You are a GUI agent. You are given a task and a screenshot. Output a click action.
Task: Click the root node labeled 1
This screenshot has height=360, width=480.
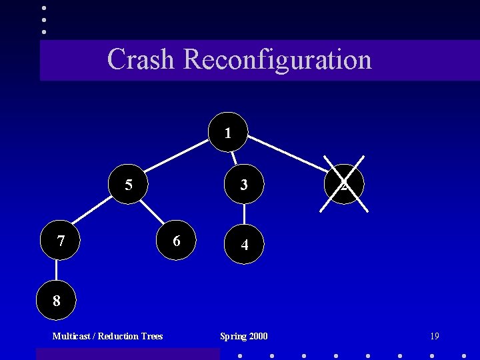[228, 132]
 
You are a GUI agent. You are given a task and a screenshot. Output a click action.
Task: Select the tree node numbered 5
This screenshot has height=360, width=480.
[129, 184]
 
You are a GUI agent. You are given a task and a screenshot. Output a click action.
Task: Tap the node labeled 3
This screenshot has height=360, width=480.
[244, 184]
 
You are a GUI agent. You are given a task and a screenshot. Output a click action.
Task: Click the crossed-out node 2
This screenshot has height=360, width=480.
[343, 184]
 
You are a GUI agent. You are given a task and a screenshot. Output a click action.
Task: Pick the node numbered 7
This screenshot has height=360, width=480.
[61, 240]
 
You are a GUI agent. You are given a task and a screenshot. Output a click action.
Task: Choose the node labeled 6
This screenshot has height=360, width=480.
[176, 240]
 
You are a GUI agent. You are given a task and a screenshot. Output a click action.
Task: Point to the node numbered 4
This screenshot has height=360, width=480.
[245, 245]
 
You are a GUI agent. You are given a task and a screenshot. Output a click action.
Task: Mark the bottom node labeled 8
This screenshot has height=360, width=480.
[57, 301]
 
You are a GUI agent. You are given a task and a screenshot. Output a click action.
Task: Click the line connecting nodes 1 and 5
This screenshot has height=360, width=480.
[177, 157]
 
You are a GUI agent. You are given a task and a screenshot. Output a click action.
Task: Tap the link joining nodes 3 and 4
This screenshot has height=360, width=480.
[245, 215]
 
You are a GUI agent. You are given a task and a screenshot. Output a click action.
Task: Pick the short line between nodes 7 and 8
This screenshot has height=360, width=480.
[57, 271]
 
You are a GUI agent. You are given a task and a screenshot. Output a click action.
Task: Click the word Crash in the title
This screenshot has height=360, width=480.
[141, 59]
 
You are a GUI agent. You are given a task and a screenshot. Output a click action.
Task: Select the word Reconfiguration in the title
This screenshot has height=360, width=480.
[277, 59]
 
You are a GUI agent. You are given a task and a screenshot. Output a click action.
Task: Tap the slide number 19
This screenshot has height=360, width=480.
[434, 336]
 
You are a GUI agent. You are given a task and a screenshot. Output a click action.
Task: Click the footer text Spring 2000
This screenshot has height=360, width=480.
[244, 336]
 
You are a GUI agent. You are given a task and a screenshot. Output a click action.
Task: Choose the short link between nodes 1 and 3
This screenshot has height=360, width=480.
[234, 158]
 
